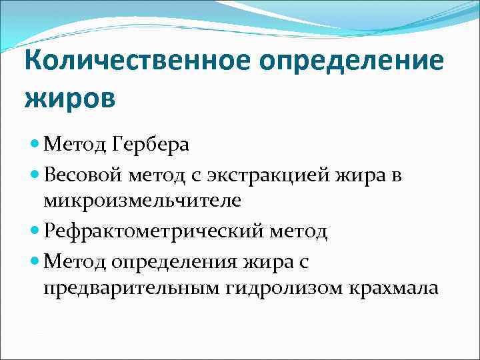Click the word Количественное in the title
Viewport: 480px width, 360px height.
pos(137,62)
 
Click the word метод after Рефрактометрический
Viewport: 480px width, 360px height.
pos(299,231)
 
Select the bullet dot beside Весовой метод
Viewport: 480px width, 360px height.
pos(35,175)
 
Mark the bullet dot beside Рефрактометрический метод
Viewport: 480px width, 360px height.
pos(35,231)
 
